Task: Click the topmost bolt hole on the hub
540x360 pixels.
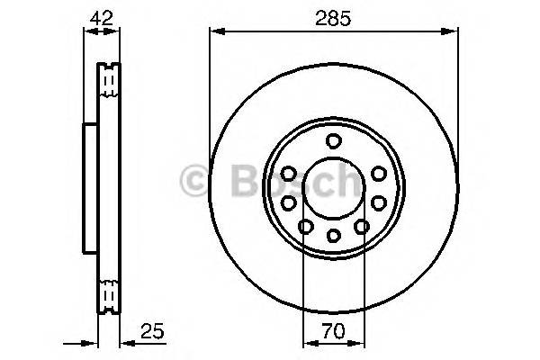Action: click(334, 140)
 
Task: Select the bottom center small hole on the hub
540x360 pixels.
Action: click(334, 236)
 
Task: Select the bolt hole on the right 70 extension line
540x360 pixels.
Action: click(363, 228)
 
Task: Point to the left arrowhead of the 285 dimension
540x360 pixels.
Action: click(214, 32)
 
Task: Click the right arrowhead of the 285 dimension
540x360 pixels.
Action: click(453, 32)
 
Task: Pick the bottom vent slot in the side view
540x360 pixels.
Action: click(108, 295)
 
